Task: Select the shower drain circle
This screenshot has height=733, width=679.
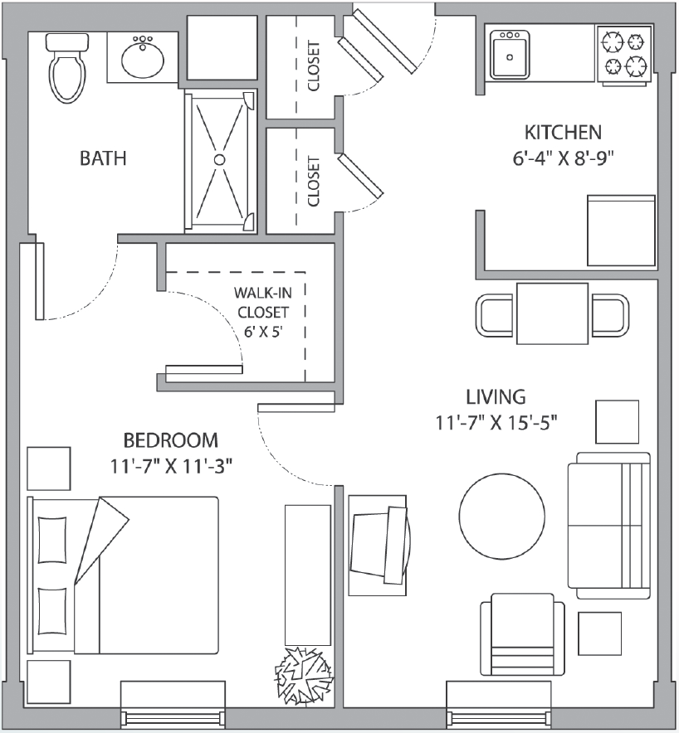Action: pos(219,159)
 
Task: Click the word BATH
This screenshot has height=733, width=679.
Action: pos(103,158)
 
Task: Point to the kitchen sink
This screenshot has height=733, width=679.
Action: pos(510,54)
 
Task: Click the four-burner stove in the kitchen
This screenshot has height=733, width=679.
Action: pos(624,56)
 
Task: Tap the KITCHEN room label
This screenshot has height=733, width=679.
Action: pos(563,133)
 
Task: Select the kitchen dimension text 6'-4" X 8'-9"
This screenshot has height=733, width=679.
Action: pos(563,158)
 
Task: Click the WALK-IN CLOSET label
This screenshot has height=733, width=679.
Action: pos(263,303)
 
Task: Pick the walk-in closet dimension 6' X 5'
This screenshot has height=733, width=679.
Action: pos(263,332)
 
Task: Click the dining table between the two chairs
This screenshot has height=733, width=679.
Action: pos(552,313)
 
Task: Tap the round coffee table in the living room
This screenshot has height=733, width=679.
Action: pos(501,516)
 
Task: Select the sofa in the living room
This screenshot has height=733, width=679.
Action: pos(609,526)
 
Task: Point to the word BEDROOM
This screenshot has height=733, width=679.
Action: pos(171,440)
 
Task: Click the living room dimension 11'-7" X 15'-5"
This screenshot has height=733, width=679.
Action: pos(496,423)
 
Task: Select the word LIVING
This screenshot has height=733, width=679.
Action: pos(496,397)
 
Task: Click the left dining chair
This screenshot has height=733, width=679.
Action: pos(495,314)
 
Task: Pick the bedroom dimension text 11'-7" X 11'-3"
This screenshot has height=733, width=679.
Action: pos(171,466)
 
